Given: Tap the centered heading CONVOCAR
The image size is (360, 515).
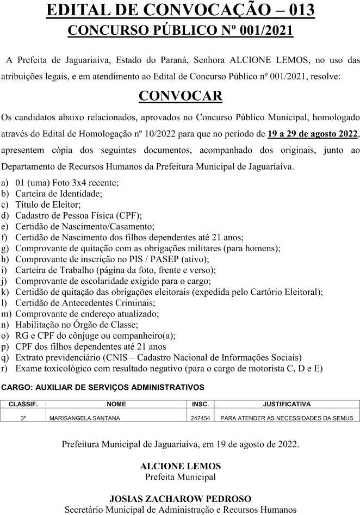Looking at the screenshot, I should (x=180, y=96).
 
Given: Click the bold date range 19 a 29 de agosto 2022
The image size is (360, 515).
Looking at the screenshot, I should (x=313, y=134).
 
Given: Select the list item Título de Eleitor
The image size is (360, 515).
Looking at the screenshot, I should (x=48, y=204).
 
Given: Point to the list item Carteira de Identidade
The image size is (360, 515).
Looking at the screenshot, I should (x=59, y=193).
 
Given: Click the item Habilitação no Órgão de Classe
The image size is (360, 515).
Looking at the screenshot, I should (x=76, y=324).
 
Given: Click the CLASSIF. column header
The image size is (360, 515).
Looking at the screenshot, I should (x=23, y=404).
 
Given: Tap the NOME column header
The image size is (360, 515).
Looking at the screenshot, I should (x=116, y=404).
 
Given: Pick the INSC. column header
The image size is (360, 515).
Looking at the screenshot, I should (x=200, y=404).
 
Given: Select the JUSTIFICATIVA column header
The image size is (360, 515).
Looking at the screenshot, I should (x=287, y=404).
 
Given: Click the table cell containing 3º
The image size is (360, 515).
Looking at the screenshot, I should (x=23, y=418).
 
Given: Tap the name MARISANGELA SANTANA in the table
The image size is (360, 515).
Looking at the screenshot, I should (x=84, y=418).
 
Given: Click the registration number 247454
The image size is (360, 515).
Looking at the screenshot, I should (x=200, y=418).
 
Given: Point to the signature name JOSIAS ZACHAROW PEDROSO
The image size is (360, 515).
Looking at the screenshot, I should (x=180, y=499).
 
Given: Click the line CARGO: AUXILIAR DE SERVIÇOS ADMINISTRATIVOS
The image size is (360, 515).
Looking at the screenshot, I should (x=103, y=387).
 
